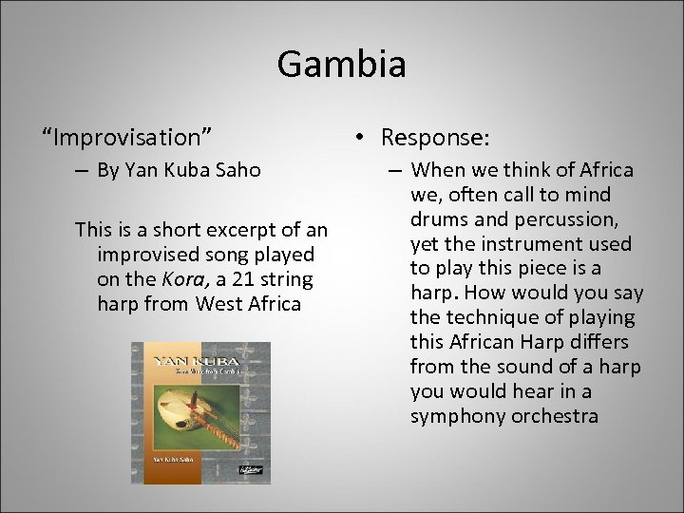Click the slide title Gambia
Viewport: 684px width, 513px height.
point(342,65)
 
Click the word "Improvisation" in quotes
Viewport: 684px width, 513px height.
point(126,138)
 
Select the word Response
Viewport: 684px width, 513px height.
point(434,138)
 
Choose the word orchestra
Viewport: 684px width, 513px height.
point(555,416)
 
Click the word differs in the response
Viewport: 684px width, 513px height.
point(595,342)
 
